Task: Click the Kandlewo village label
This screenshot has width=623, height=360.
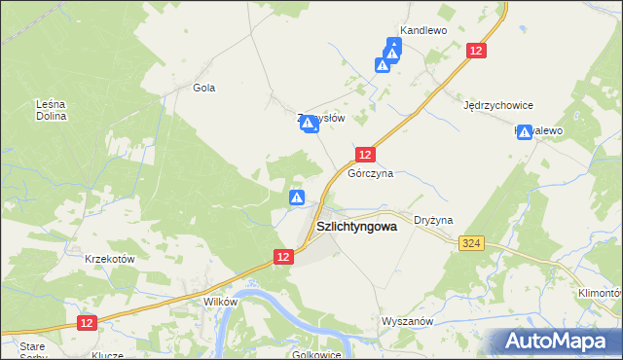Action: pyautogui.click(x=422, y=31)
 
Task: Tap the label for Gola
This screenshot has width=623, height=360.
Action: pyautogui.click(x=203, y=88)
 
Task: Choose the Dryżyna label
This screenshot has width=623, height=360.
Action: pyautogui.click(x=434, y=221)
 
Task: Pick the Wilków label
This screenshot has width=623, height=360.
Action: pyautogui.click(x=220, y=302)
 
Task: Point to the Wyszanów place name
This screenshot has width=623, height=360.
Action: pyautogui.click(x=407, y=320)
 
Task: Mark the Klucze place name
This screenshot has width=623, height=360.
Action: pyautogui.click(x=107, y=355)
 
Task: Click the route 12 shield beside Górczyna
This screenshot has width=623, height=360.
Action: pyautogui.click(x=365, y=155)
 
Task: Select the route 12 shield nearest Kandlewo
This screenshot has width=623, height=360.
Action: pyautogui.click(x=476, y=51)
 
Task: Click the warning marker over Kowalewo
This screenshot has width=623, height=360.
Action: pyautogui.click(x=525, y=132)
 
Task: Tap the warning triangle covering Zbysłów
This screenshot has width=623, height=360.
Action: pyautogui.click(x=310, y=124)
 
